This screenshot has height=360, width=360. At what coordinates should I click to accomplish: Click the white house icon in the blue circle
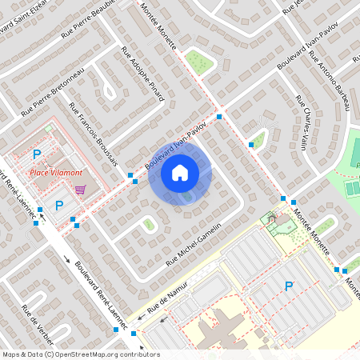pyautogui.click(x=180, y=172)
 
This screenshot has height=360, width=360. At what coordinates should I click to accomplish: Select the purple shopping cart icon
pyautogui.click(x=80, y=190)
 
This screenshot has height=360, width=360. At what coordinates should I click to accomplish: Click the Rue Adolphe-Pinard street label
pyautogui.click(x=143, y=74)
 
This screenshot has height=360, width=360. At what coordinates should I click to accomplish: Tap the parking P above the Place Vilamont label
pyautogui.click(x=37, y=154)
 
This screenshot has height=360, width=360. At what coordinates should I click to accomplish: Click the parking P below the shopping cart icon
pyautogui.click(x=58, y=206)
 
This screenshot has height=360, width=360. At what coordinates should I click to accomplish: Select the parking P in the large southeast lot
pyautogui.click(x=289, y=286)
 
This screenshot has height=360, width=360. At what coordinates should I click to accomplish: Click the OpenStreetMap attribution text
pyautogui.click(x=81, y=354)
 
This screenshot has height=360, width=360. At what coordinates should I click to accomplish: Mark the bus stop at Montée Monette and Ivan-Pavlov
pyautogui.click(x=219, y=117)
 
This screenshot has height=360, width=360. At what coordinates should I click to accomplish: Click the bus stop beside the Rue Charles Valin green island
pyautogui.click(x=251, y=145)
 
